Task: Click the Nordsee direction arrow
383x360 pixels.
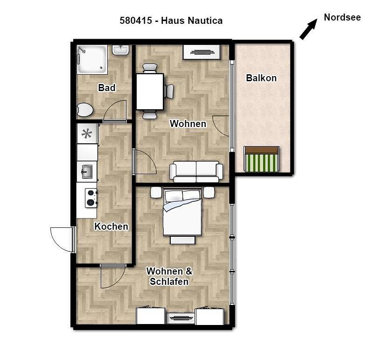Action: (x=308, y=29)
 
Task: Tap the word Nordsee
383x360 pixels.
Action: (x=342, y=17)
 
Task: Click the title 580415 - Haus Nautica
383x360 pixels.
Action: (x=171, y=21)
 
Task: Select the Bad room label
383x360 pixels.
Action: (x=107, y=87)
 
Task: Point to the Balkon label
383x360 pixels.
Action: (x=261, y=78)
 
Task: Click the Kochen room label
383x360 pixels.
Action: (x=111, y=226)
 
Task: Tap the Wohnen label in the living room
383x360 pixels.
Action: (x=188, y=124)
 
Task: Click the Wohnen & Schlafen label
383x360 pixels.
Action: (x=169, y=276)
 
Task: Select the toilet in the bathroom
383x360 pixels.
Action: (x=84, y=109)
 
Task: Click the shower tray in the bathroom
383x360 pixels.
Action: (x=92, y=59)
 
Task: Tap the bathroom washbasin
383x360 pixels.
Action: (x=120, y=50)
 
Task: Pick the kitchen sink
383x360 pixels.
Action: (x=87, y=171)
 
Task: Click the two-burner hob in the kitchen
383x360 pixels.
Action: (x=91, y=198)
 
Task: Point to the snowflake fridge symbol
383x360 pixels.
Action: (x=87, y=134)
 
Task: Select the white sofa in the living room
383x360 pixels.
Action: (x=196, y=171)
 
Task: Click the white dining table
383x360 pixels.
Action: (x=150, y=92)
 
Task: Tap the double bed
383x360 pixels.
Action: (x=182, y=212)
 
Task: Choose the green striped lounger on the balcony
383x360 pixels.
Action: (x=261, y=159)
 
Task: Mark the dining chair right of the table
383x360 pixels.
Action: (x=169, y=92)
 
